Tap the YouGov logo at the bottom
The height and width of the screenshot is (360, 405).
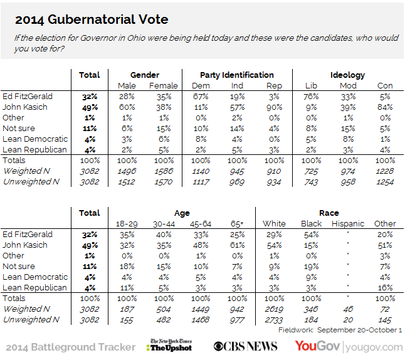(316, 346)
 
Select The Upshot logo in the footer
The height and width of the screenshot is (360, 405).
(171, 346)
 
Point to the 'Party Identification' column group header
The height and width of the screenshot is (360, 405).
(236, 75)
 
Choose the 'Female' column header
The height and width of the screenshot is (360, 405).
(164, 85)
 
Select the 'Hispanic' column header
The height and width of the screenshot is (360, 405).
(348, 223)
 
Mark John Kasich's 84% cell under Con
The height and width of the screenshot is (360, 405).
(385, 107)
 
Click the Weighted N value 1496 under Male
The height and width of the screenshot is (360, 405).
(127, 171)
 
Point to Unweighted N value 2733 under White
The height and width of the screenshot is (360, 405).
(274, 320)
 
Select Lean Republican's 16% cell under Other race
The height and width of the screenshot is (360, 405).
(385, 287)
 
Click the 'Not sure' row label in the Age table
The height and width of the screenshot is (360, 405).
(18, 266)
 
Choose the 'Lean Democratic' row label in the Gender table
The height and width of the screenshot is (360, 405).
(34, 139)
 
